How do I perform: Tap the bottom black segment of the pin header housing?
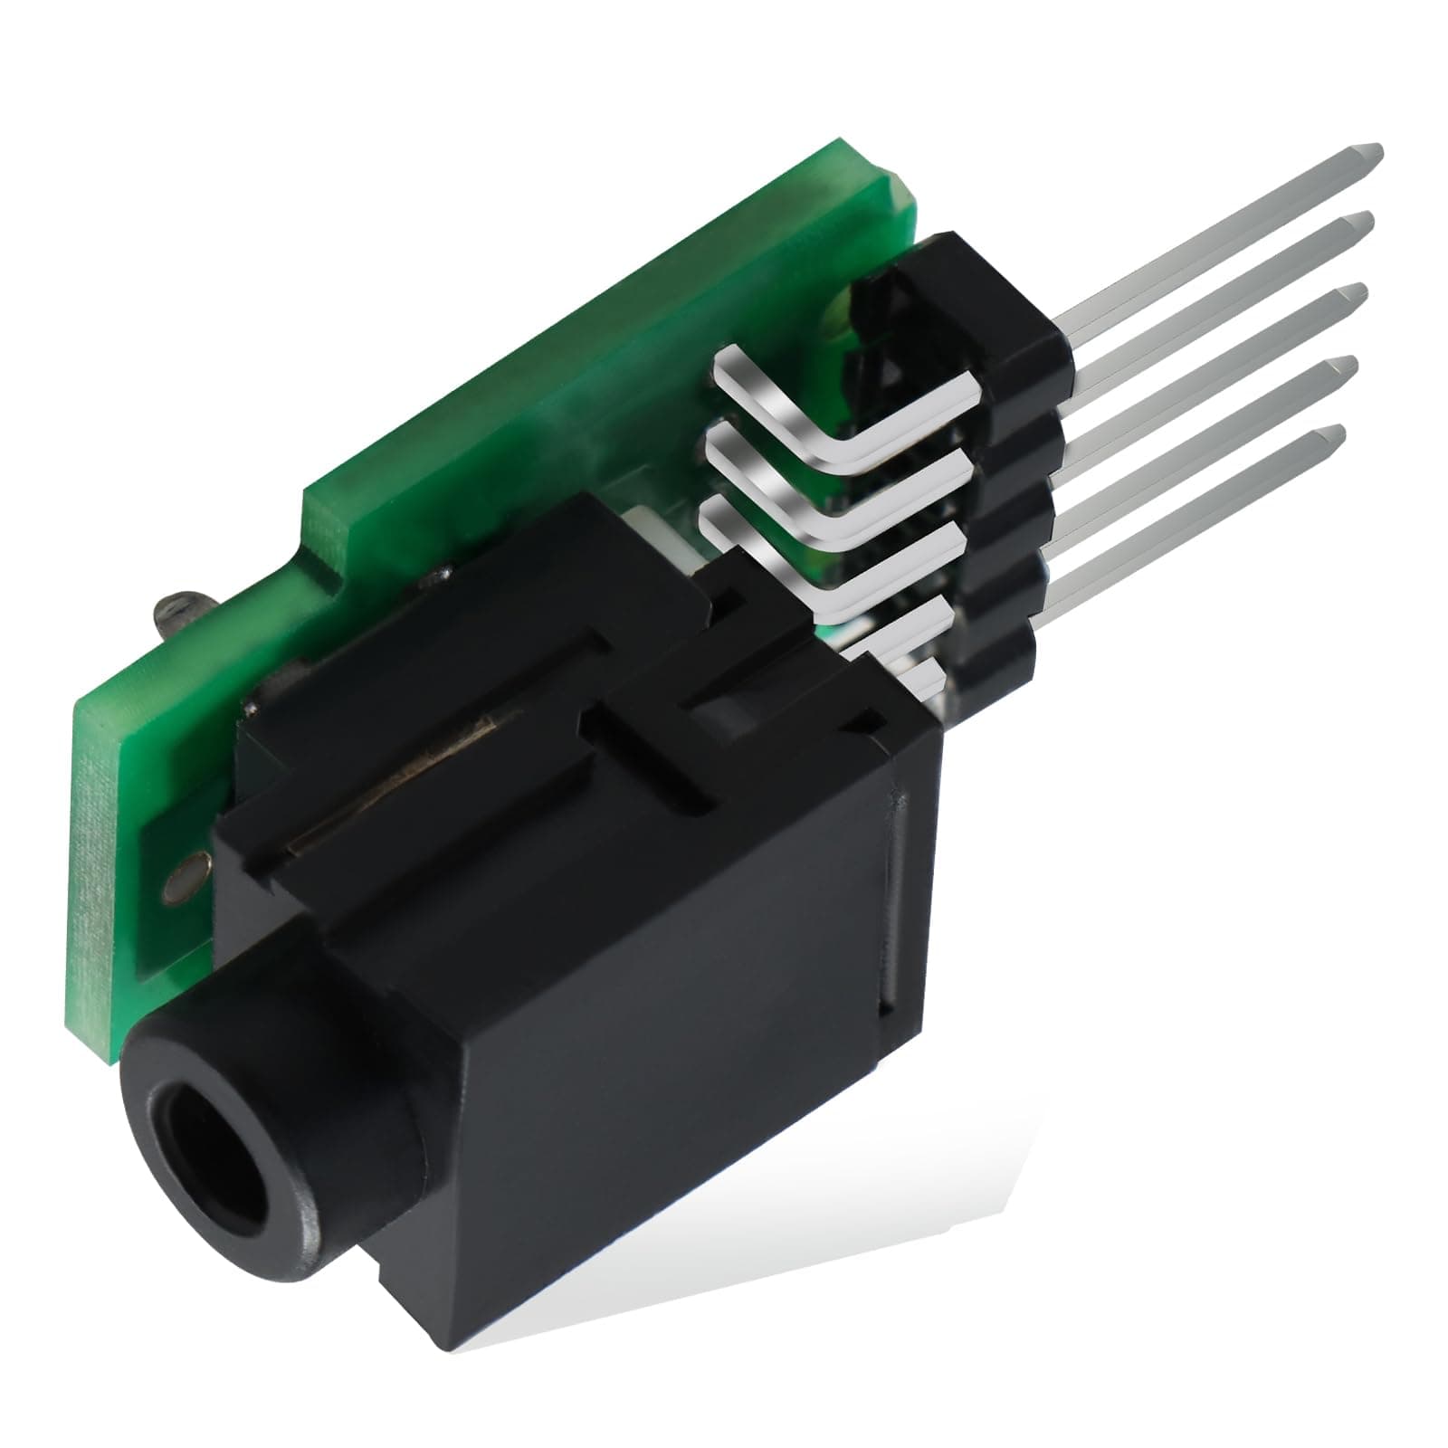[x=995, y=665]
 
